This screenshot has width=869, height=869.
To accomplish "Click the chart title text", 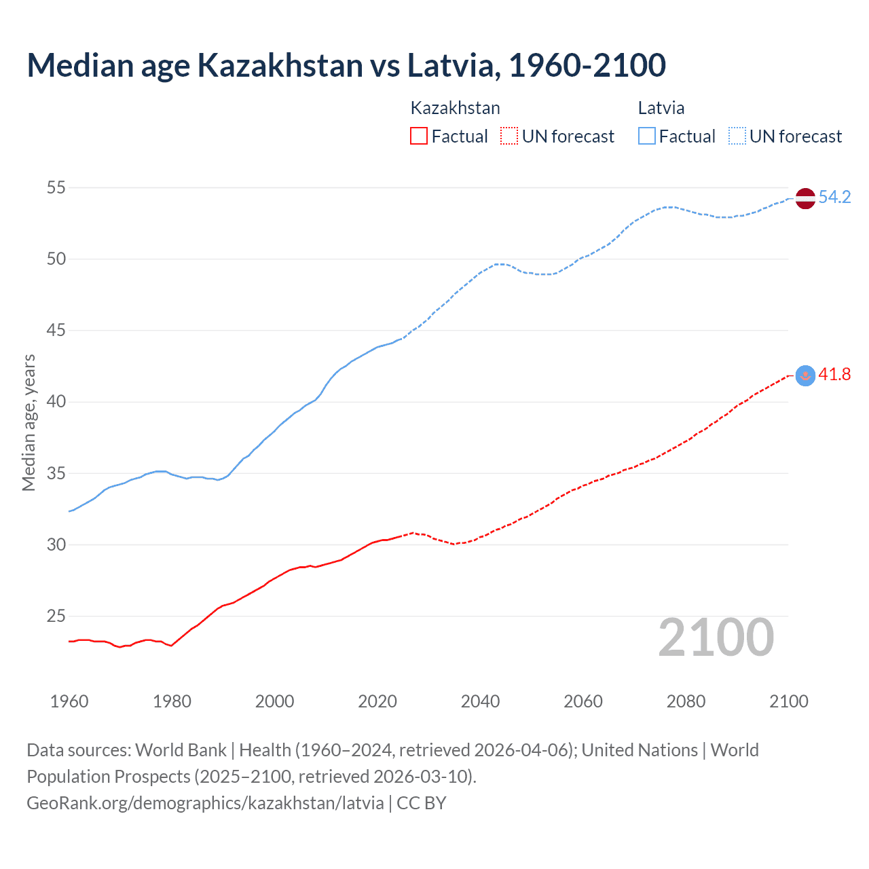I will (x=346, y=65).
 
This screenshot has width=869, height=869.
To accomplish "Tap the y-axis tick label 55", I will (x=56, y=187).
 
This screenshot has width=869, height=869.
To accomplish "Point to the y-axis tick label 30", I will (x=56, y=544).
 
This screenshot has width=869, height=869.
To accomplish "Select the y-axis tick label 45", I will (x=56, y=331).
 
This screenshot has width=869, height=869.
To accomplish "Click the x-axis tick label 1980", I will (x=172, y=701).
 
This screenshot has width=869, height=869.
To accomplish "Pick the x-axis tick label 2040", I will (x=480, y=701).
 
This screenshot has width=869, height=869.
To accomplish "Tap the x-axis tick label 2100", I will (x=788, y=701).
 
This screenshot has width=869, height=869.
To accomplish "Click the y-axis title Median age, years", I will (x=29, y=422).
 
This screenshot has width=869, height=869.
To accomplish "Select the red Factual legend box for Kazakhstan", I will (x=419, y=136).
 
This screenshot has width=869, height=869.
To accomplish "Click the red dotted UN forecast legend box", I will (x=509, y=136).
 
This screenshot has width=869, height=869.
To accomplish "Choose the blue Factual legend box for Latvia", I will (x=646, y=136).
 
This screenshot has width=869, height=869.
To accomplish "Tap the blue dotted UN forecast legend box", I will (x=737, y=136).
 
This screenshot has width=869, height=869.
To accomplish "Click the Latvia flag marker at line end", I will (x=805, y=198).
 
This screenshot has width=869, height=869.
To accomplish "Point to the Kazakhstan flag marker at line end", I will (x=805, y=375).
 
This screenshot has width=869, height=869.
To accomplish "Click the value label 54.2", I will (x=834, y=198).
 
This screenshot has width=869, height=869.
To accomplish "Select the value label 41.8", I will (x=834, y=375).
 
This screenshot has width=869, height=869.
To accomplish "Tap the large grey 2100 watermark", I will (x=716, y=637).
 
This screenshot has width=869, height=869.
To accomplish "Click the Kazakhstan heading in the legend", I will (x=455, y=108).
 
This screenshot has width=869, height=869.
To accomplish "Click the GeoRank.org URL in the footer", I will (x=205, y=803).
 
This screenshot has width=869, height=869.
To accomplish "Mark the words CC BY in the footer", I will (x=421, y=803).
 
